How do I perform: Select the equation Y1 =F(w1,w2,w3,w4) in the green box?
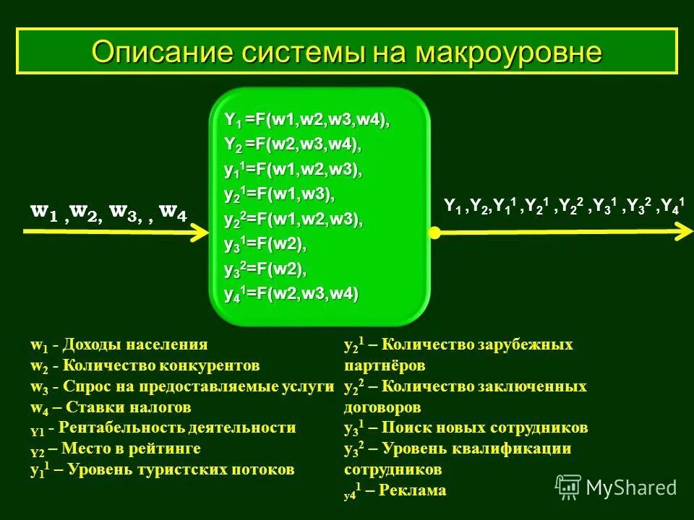pos(307,120)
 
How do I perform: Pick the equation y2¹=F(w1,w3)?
pos(280,195)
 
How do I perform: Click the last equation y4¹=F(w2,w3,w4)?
pos(291,295)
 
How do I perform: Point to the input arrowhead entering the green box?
pos(200,232)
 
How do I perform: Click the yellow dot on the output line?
pos(434,233)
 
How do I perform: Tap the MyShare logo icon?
pos(568,487)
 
